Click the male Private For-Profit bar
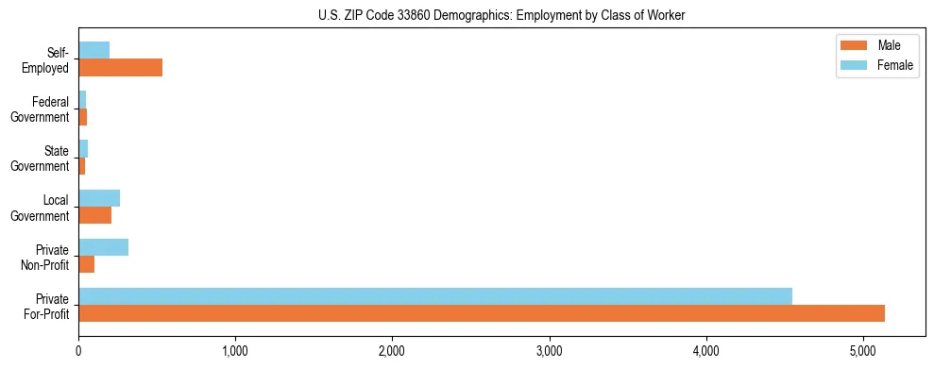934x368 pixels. (482, 313)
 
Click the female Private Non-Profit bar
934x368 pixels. (103, 247)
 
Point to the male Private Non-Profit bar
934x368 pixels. (86, 264)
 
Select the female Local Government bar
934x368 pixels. (99, 198)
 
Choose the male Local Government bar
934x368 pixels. (94, 215)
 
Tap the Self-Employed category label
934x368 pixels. (45, 59)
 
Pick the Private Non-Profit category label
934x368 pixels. (44, 256)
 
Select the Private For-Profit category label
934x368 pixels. (46, 305)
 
